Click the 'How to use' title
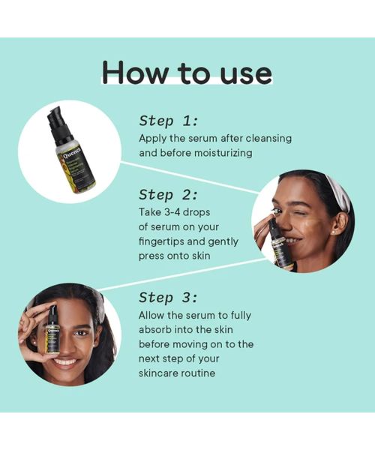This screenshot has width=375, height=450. pos(187,73)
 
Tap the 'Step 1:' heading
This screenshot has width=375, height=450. pos(169,121)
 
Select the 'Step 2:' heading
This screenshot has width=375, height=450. pos(169,194)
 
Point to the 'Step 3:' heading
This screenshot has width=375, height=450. pos(169,297)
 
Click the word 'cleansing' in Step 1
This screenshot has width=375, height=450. pos(265,138)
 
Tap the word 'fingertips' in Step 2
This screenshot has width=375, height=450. pos(168,241)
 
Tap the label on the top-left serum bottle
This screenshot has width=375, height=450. pos(75,165)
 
